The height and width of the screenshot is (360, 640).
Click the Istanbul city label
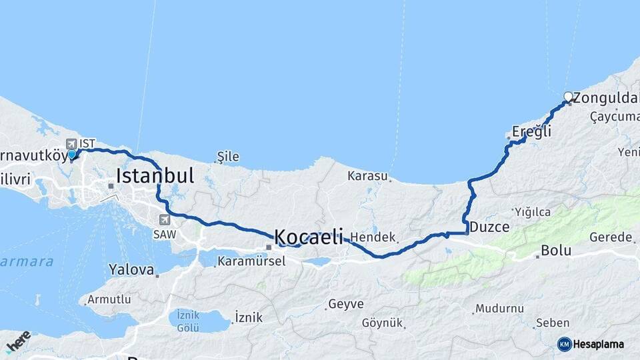(x=155, y=176)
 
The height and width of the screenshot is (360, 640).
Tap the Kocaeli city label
(x=308, y=236)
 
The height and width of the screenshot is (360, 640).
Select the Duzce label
(x=489, y=227)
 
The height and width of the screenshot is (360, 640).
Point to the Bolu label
(x=556, y=251)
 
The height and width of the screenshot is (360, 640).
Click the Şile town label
(x=228, y=157)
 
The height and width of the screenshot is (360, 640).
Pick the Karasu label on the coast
(x=367, y=176)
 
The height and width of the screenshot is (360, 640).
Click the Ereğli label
(x=531, y=131)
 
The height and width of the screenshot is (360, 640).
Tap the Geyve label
(x=345, y=304)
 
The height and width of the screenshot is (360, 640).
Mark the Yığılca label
(x=531, y=212)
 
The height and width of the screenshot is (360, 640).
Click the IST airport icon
(x=71, y=143)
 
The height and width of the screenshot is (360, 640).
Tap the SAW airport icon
(x=164, y=219)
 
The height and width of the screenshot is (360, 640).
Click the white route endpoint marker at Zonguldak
(x=568, y=97)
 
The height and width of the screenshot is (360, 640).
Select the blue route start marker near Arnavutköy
(x=71, y=155)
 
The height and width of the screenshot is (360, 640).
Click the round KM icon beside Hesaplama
(x=564, y=344)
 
